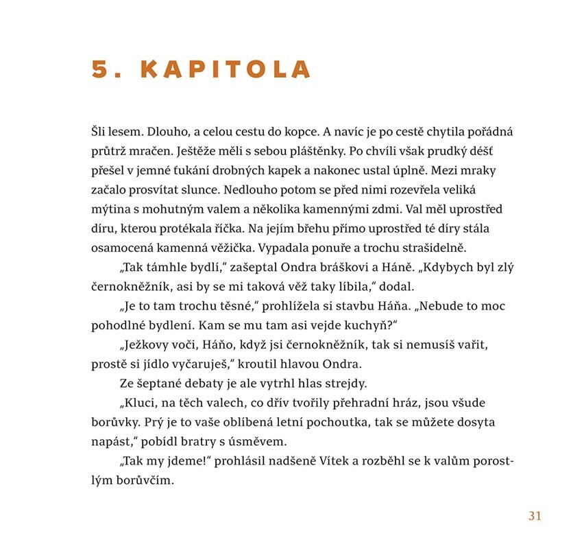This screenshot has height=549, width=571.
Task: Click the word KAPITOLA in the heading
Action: click(x=226, y=70)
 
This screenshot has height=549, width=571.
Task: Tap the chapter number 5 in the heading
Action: click(x=100, y=70)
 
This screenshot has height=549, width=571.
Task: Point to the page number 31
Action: click(x=535, y=516)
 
